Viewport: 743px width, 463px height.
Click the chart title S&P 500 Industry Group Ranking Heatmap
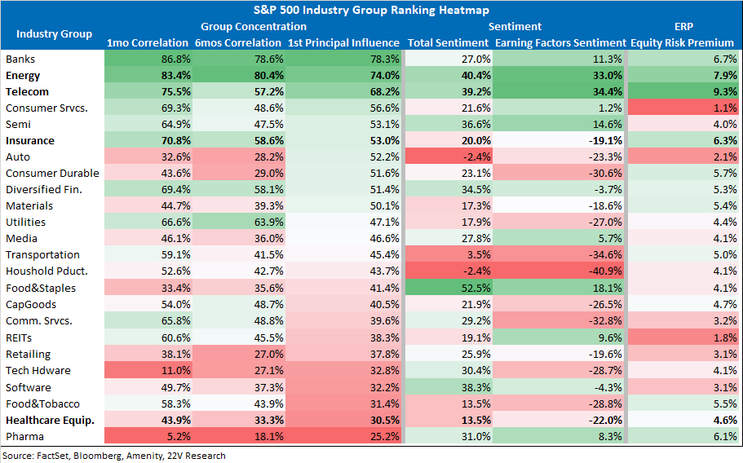(x=371, y=10)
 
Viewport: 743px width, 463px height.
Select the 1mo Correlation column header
(x=148, y=42)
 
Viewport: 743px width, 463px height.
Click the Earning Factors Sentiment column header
(x=560, y=42)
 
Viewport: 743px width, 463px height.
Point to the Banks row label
(x=20, y=60)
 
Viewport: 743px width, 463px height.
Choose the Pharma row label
(x=24, y=436)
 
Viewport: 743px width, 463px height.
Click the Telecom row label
(x=27, y=92)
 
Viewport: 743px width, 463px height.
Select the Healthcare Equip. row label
(x=50, y=421)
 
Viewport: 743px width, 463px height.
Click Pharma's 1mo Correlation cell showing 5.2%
(x=148, y=436)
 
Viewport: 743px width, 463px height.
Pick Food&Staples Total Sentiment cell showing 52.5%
(x=449, y=288)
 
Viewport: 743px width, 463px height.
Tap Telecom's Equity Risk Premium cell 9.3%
(x=683, y=92)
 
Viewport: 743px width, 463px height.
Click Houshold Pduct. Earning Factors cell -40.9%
(x=559, y=271)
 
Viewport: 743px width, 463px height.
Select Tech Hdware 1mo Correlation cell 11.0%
(x=148, y=370)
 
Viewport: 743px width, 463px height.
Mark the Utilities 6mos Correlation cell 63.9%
(x=239, y=222)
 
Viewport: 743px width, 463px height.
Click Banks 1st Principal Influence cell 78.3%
(x=343, y=60)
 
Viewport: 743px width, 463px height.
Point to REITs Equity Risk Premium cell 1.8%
(x=683, y=337)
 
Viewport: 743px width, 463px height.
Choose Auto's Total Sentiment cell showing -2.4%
(x=449, y=157)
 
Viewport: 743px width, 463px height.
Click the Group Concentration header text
(x=254, y=27)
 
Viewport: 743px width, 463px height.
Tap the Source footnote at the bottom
(x=114, y=456)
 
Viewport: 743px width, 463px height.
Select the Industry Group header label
(x=54, y=34)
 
